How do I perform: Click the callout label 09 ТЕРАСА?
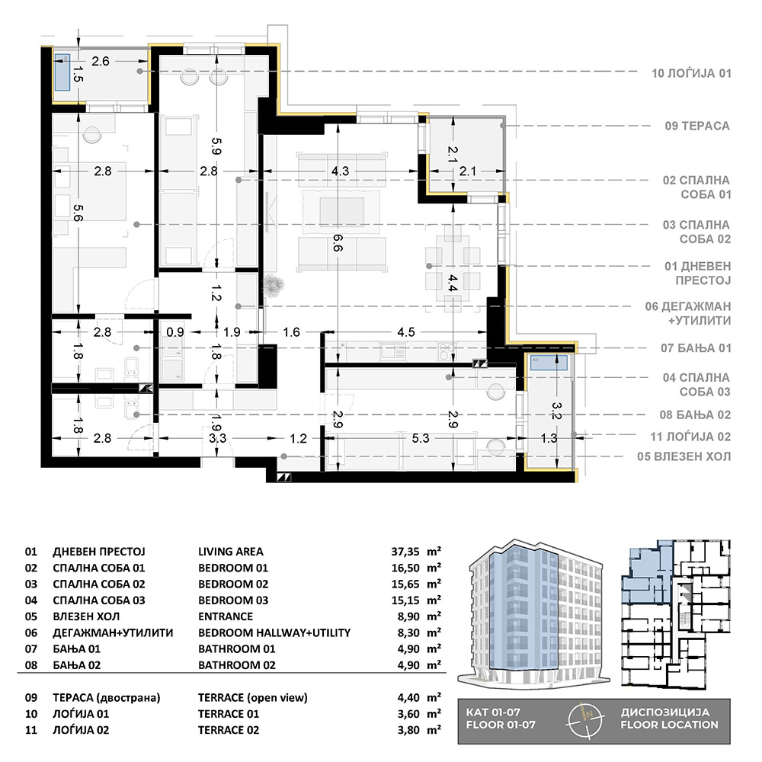(x=697, y=126)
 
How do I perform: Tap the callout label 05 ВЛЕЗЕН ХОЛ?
(x=684, y=456)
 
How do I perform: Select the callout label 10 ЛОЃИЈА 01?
(x=691, y=73)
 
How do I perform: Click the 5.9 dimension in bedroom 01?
(x=216, y=146)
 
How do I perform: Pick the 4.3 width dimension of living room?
(x=340, y=171)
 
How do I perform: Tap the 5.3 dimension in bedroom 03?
(x=421, y=438)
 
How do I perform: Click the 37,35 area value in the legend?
(x=405, y=552)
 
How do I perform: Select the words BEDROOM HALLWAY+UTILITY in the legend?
(x=274, y=632)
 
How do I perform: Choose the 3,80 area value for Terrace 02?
(x=408, y=730)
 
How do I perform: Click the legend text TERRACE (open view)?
(x=253, y=698)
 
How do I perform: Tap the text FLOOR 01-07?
(x=501, y=725)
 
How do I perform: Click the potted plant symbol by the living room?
(x=273, y=286)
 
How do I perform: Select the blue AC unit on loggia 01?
(x=62, y=72)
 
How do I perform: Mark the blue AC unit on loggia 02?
(x=549, y=363)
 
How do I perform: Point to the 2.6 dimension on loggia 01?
(x=101, y=61)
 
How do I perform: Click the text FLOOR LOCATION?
(x=669, y=725)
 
